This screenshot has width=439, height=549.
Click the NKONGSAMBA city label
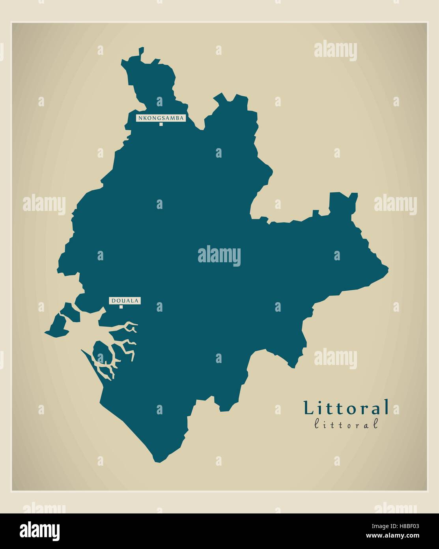point(161,118)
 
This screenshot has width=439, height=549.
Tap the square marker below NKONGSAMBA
point(161,124)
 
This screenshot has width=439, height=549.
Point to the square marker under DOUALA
point(121,307)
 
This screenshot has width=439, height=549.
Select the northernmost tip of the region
point(141,49)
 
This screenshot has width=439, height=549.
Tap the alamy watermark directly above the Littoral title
point(335,358)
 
